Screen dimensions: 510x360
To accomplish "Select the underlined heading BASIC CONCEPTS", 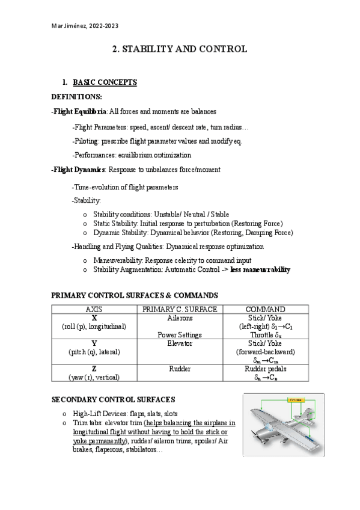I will [105, 82].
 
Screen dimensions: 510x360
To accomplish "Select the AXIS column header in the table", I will [94, 309].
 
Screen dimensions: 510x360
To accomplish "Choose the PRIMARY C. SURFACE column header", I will [178, 309].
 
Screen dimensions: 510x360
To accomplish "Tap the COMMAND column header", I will [265, 309].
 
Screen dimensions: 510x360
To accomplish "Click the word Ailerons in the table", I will [178, 317].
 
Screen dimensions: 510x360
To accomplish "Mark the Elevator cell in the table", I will [178, 343].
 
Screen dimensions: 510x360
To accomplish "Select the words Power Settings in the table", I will [178, 334].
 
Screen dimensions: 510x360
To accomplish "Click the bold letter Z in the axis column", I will [94, 369].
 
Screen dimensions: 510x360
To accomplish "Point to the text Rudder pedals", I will [265, 369].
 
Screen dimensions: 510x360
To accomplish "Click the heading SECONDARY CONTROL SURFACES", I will [113, 399].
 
